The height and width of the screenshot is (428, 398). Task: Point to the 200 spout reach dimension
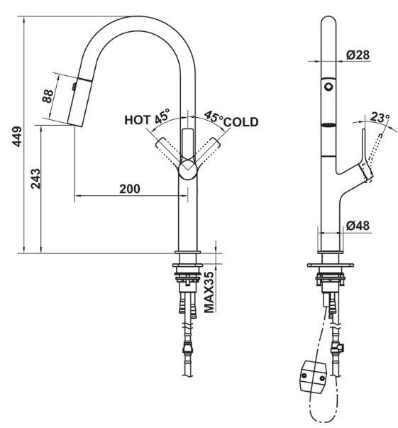coord(128,188)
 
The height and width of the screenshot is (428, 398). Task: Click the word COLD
coord(241,122)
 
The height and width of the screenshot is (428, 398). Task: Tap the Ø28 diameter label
coord(357,55)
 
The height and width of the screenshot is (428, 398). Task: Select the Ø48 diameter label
coord(357,226)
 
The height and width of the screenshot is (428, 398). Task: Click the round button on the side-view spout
coord(328,85)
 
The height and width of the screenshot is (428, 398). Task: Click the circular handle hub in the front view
coord(187,170)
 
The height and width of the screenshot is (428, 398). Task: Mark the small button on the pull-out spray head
coord(73,86)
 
